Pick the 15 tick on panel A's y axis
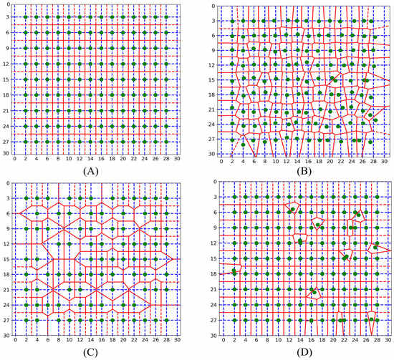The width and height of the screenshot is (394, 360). (x=6, y=79)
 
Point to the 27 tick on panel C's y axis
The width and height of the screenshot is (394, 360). (x=6, y=321)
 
